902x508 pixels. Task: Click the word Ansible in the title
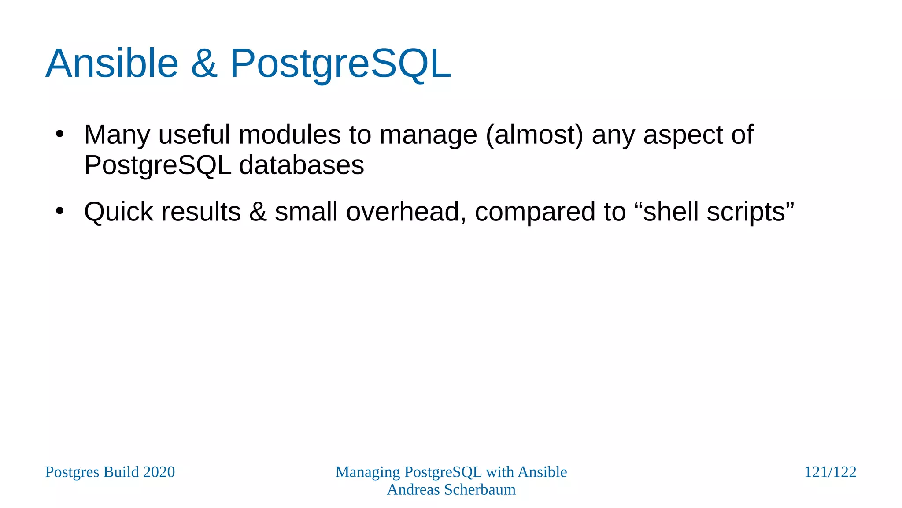point(112,63)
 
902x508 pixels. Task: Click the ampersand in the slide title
point(204,63)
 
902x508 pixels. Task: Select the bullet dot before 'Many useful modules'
point(60,134)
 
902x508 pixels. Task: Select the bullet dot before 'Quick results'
point(60,211)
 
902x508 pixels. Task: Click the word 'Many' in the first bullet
point(117,135)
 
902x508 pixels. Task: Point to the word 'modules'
point(289,134)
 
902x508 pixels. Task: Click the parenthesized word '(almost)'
point(534,135)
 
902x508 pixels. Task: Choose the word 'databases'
point(301,165)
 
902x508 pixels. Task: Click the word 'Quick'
point(118,212)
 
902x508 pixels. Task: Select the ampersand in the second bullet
point(258,212)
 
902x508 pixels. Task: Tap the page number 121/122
point(830,472)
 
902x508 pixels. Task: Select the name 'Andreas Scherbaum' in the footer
point(451,489)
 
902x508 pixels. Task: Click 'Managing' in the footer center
point(367,472)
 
